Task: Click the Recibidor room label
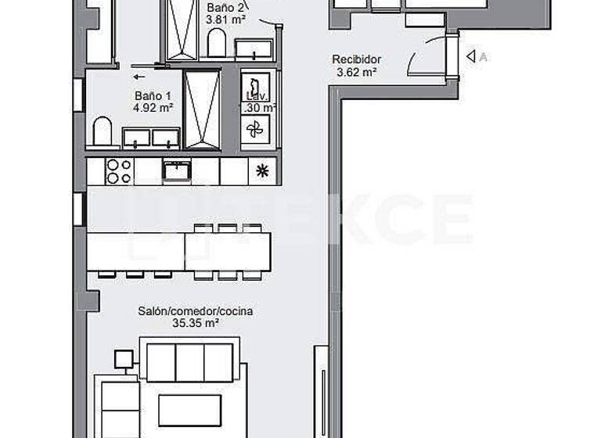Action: (x=356, y=59)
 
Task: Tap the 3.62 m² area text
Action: (x=356, y=72)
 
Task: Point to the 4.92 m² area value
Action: (x=153, y=109)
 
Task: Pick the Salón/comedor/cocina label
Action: (x=196, y=311)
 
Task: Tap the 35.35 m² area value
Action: (x=196, y=322)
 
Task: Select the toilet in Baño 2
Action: (x=217, y=45)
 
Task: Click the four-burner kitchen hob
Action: (x=118, y=171)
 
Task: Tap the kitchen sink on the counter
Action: (x=177, y=170)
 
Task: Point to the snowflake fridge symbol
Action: (x=261, y=171)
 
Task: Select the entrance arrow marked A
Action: (x=471, y=56)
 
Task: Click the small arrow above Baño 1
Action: (x=139, y=77)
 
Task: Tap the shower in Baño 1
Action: (x=201, y=109)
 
